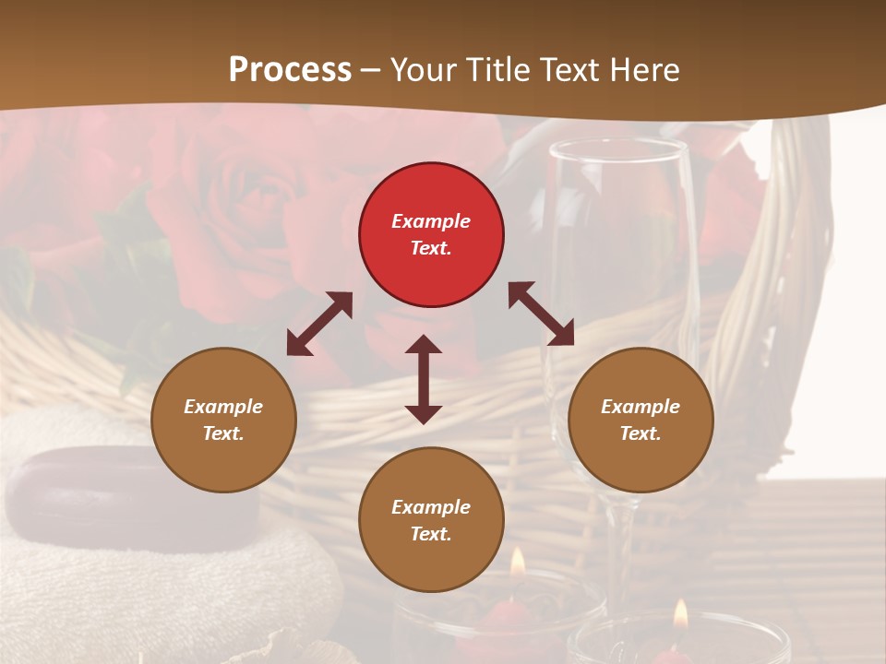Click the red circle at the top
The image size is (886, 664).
pos(431,234)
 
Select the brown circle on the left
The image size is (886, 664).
pos(223,420)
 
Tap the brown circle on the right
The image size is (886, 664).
pos(641,420)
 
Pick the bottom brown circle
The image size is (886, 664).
pos(431,519)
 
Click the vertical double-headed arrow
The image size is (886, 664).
pos(424,379)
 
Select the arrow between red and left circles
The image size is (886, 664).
pos(319,324)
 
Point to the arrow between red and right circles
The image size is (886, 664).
pos(542,314)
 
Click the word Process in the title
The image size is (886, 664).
pos(290,70)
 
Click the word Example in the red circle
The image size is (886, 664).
pos(431,221)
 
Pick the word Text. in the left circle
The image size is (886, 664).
pos(223,433)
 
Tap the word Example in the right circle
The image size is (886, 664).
pos(641,407)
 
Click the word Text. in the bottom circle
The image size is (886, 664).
pos(431,534)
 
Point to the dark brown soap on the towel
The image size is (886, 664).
pos(134,498)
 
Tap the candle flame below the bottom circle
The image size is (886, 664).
pos(518,562)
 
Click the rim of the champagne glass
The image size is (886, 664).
pos(617,146)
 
